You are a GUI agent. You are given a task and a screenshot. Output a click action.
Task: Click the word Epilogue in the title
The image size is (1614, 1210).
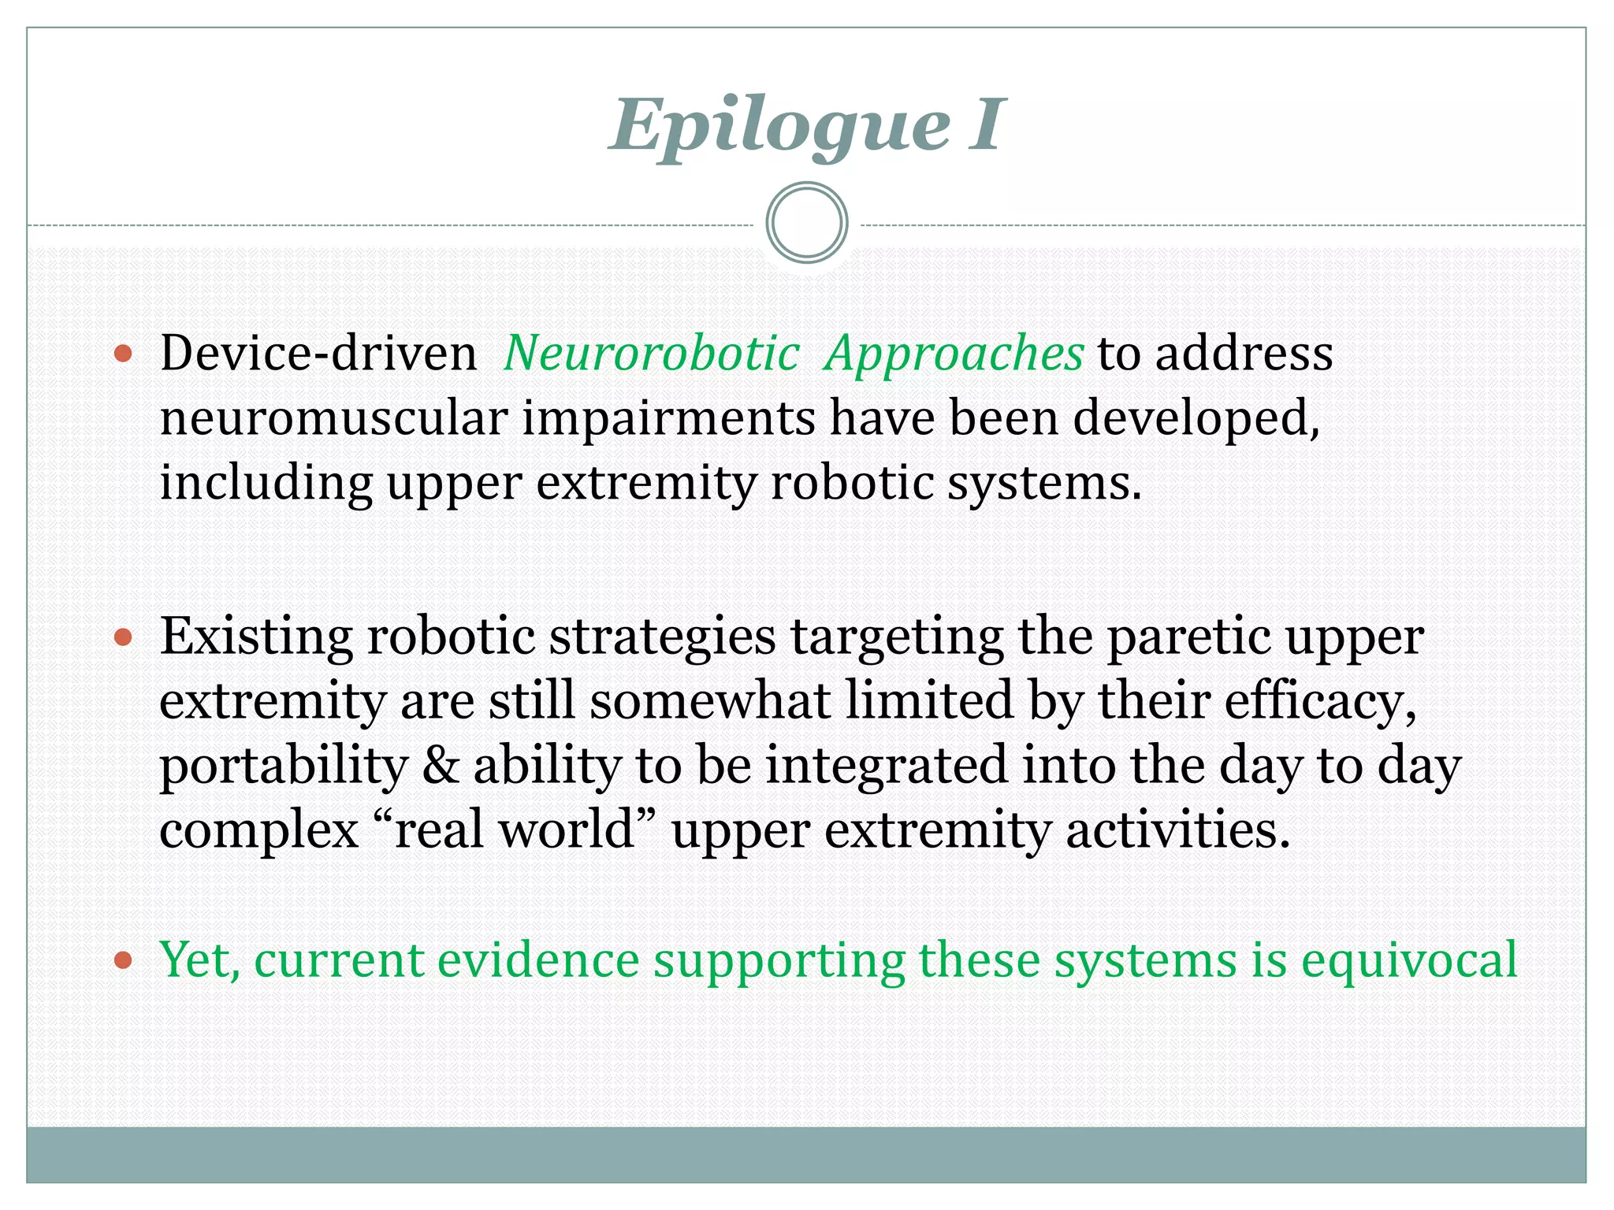(780, 126)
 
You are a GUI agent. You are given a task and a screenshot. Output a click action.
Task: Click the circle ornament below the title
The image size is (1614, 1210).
(806, 223)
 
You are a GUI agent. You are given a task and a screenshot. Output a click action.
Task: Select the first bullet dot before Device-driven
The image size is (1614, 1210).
(123, 354)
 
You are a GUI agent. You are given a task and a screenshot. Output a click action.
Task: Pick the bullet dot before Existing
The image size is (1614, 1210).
(123, 637)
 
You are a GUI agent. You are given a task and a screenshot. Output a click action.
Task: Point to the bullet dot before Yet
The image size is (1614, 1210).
(123, 960)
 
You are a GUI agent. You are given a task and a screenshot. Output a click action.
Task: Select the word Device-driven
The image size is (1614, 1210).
(318, 354)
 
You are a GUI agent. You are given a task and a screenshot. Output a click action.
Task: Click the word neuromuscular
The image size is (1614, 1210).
(333, 418)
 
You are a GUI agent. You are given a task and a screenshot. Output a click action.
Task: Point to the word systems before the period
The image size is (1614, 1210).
(1039, 483)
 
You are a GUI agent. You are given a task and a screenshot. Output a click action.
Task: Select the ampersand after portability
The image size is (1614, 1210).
(441, 766)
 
